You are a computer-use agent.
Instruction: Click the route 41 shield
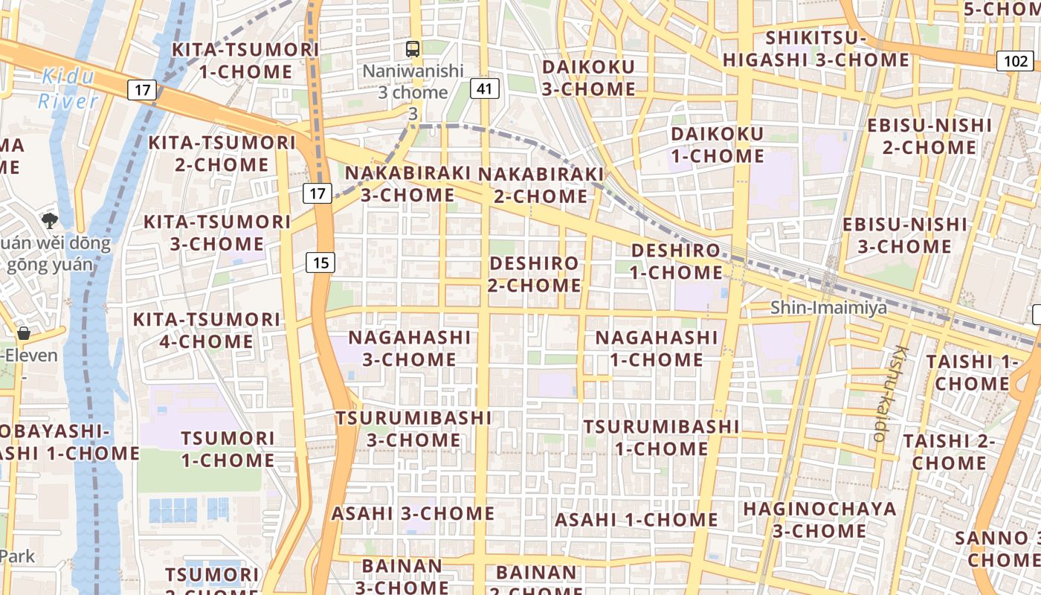(484, 89)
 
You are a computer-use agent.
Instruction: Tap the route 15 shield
(320, 262)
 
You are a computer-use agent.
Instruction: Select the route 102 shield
(1014, 61)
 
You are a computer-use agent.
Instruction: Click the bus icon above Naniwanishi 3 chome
(413, 50)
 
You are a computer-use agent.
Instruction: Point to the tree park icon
(50, 220)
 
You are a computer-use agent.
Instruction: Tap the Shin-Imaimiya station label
(828, 307)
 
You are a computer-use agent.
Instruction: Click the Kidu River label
(68, 88)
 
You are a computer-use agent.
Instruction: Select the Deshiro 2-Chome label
(535, 274)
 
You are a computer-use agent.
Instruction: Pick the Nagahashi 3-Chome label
(410, 347)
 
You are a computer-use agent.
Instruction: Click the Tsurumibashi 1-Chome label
(661, 437)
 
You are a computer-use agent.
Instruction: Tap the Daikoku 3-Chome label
(588, 77)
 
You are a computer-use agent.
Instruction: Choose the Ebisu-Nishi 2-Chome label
(929, 135)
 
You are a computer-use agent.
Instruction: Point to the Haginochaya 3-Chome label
(819, 520)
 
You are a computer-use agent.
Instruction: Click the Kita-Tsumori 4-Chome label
(207, 330)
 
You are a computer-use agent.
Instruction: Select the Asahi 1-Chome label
(636, 519)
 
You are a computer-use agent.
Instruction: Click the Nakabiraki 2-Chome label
(541, 184)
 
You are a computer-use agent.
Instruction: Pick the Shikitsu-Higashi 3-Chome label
(816, 48)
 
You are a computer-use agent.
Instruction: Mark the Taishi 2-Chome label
(949, 451)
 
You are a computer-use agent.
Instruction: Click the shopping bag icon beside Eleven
(24, 332)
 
